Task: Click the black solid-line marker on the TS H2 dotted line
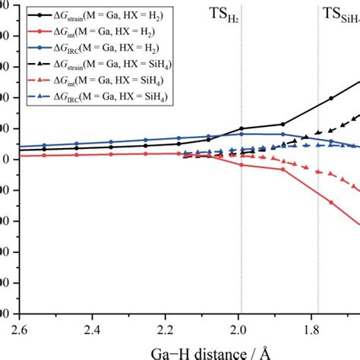point(242,129)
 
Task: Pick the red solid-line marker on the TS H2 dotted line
point(242,164)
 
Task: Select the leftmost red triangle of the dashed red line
point(185,154)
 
